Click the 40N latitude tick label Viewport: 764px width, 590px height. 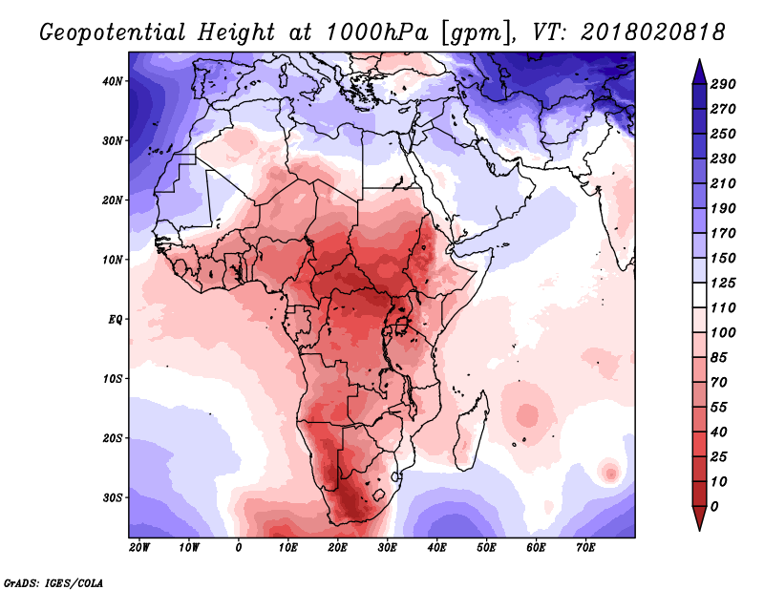click(113, 81)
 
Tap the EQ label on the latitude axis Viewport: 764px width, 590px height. click(115, 319)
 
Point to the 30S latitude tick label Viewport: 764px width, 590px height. click(113, 497)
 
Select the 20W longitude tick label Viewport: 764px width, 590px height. click(139, 548)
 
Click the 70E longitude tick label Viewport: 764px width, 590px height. click(585, 548)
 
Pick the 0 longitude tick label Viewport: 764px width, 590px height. click(239, 548)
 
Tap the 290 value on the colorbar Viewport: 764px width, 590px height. click(723, 85)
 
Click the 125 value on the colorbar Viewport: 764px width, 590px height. click(723, 284)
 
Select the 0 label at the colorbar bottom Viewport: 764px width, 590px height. click(715, 505)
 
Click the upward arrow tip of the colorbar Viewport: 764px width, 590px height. click(698, 65)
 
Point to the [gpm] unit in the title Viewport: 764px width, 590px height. click(465, 32)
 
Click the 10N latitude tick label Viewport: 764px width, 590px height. click(113, 260)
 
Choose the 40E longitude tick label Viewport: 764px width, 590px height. click(436, 548)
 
